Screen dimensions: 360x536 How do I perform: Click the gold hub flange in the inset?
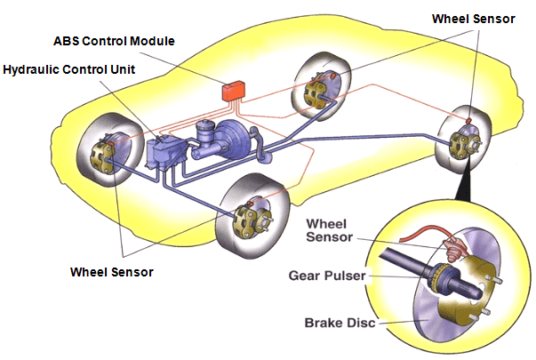480,284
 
